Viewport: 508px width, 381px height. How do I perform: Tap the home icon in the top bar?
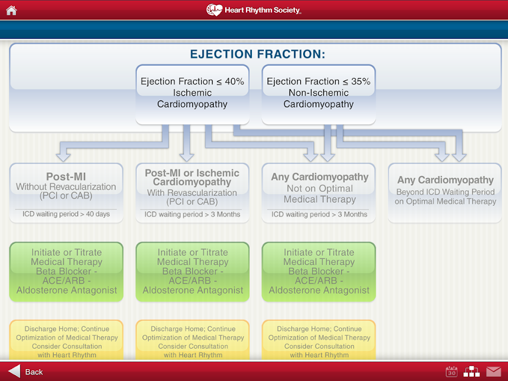click(x=11, y=10)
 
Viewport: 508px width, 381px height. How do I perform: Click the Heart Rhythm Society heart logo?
click(x=214, y=10)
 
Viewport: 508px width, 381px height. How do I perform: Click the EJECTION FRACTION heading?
click(x=257, y=54)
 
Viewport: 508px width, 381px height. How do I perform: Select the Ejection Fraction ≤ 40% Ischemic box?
click(x=192, y=95)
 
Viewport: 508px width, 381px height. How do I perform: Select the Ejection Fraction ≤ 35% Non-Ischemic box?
click(x=319, y=95)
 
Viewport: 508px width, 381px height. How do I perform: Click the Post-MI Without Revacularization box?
click(x=67, y=193)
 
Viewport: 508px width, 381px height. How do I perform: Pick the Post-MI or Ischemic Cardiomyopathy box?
click(x=192, y=193)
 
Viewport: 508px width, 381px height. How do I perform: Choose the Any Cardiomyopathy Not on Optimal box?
click(x=319, y=193)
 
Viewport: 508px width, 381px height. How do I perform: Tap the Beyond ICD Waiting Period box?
click(x=445, y=193)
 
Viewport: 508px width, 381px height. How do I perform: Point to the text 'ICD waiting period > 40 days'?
click(x=66, y=214)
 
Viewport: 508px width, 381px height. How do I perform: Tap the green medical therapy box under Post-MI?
click(x=67, y=272)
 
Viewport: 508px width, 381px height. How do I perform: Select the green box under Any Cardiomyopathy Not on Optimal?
click(x=319, y=272)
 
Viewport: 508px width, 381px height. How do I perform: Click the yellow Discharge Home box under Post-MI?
click(x=67, y=340)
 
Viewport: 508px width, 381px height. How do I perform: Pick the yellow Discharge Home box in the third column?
click(x=319, y=340)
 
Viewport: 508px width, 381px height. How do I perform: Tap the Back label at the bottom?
click(x=34, y=372)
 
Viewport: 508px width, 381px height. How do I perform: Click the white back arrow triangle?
click(x=14, y=371)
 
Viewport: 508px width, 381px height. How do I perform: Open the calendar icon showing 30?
click(x=451, y=371)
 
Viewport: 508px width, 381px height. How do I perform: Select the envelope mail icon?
click(x=494, y=371)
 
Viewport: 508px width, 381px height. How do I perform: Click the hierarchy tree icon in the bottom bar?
click(x=472, y=371)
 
